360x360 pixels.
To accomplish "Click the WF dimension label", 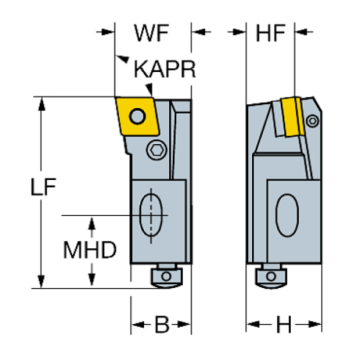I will coord(152,32).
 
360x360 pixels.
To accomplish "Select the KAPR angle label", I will coord(165,70).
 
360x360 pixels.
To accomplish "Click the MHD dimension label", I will coord(90,250).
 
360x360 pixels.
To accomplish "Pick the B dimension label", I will coord(161,324).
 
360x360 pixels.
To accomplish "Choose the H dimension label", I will coord(284,324).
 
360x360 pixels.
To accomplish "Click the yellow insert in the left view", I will coord(136,118).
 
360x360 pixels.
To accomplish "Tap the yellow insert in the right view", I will coord(292,118).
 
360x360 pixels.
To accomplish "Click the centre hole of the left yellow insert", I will coord(137,115).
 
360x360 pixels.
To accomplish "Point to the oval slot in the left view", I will coord(151,213).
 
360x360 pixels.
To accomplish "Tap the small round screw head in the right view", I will coord(314,118).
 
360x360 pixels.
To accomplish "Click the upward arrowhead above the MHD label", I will coord(91,223).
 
